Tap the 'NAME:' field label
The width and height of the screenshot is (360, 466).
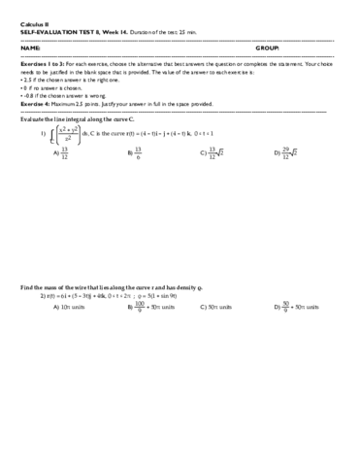(x=29, y=47)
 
